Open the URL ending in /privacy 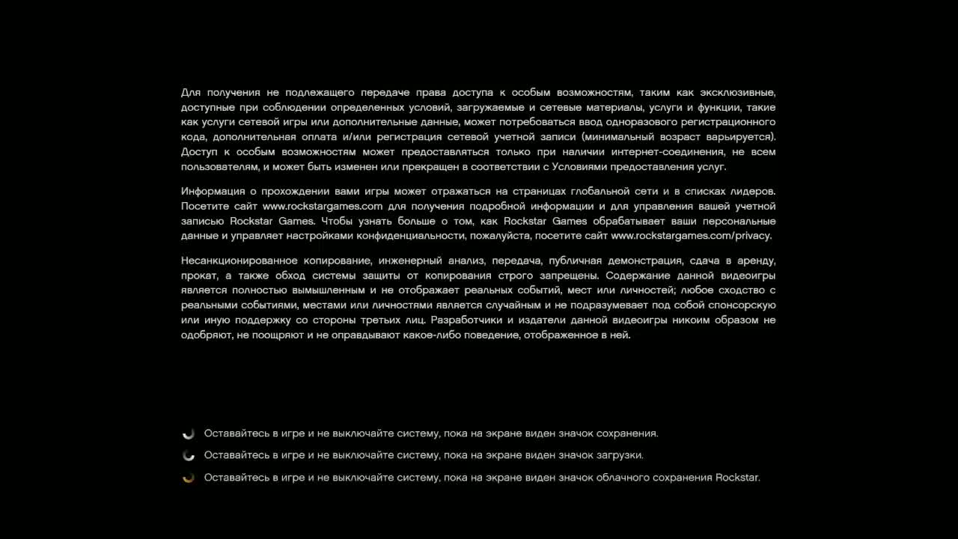pyautogui.click(x=691, y=236)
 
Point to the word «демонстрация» pyautogui.click(x=644, y=261)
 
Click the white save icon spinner pyautogui.click(x=189, y=433)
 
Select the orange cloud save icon pyautogui.click(x=189, y=478)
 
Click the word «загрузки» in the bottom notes pyautogui.click(x=619, y=455)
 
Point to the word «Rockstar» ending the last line pyautogui.click(x=737, y=478)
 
